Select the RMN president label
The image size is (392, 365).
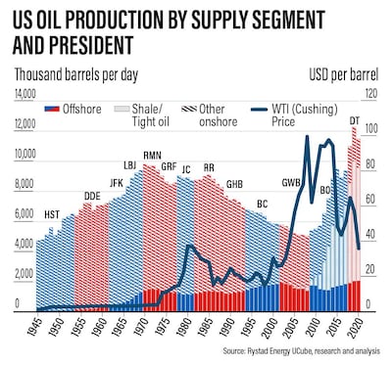click(152, 156)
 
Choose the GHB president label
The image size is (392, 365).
click(234, 184)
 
